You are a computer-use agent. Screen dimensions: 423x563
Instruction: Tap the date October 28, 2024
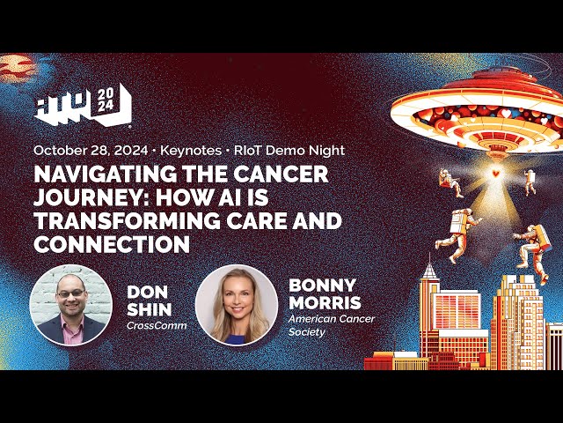point(91,150)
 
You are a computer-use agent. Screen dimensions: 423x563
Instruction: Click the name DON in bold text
point(146,291)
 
